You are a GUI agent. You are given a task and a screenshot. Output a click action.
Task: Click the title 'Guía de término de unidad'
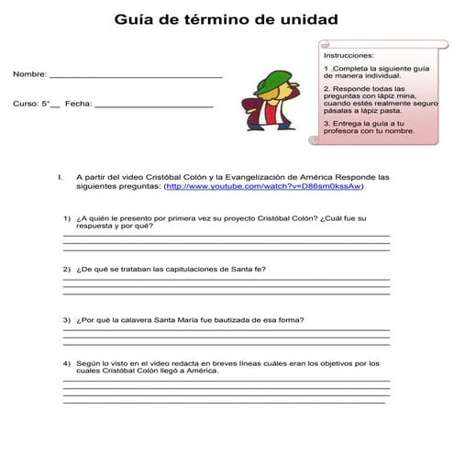[x=226, y=18]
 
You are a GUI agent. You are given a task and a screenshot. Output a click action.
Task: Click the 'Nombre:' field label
[x=29, y=73]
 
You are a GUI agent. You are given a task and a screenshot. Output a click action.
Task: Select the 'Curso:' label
[x=26, y=105]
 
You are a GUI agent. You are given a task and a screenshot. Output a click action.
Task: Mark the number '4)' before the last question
[x=67, y=363]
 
